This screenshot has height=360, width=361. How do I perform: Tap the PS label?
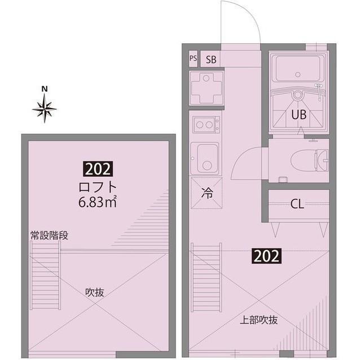tap(193, 58)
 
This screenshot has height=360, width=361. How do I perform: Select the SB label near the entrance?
tap(211, 59)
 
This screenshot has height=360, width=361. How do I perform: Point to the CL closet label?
tap(297, 205)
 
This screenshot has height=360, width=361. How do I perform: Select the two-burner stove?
tap(205, 124)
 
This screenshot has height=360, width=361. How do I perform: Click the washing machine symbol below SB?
tap(206, 88)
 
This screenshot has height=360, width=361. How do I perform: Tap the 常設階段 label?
tap(49, 235)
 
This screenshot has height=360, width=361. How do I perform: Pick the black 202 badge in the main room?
tap(265, 256)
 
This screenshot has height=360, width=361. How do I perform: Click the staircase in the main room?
tap(206, 276)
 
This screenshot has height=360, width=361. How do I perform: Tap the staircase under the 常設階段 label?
tap(45, 281)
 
